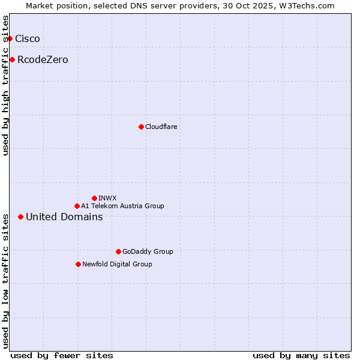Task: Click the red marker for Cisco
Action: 10,38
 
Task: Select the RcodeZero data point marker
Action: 12,59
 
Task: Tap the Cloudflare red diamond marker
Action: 141,127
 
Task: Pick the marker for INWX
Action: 94,198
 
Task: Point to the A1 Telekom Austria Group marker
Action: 77,206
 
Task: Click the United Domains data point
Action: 20,217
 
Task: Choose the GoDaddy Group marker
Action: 118,251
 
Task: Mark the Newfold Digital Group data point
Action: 78,264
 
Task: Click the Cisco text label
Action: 28,38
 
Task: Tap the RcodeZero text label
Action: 43,59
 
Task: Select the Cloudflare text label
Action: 161,127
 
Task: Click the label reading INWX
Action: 107,198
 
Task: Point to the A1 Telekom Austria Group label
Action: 122,206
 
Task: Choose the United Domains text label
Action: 64,217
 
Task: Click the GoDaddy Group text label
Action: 148,251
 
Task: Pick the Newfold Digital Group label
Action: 117,264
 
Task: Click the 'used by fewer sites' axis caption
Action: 62,355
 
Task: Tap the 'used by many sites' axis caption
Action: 301,355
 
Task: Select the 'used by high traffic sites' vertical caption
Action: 6,85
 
